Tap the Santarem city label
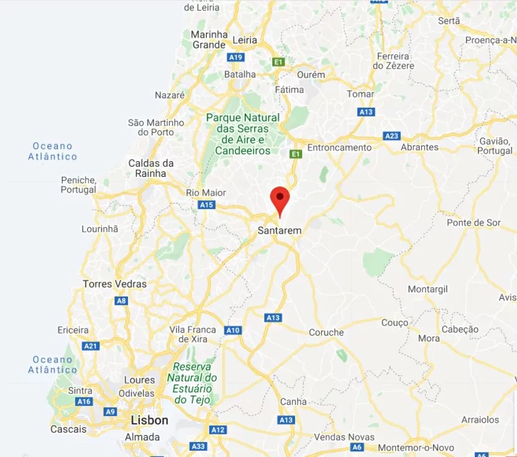[279, 231]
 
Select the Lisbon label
[149, 420]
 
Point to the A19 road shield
[236, 57]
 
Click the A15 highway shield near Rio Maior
[206, 205]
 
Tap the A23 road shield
[392, 136]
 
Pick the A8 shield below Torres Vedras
[121, 301]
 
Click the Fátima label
[289, 89]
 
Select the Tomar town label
[361, 94]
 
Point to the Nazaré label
[170, 95]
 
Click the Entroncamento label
[339, 147]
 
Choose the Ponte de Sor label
[473, 223]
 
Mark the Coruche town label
[326, 332]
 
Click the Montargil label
[427, 289]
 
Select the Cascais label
[68, 429]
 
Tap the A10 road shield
[233, 330]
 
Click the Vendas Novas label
[344, 437]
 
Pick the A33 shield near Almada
[198, 446]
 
